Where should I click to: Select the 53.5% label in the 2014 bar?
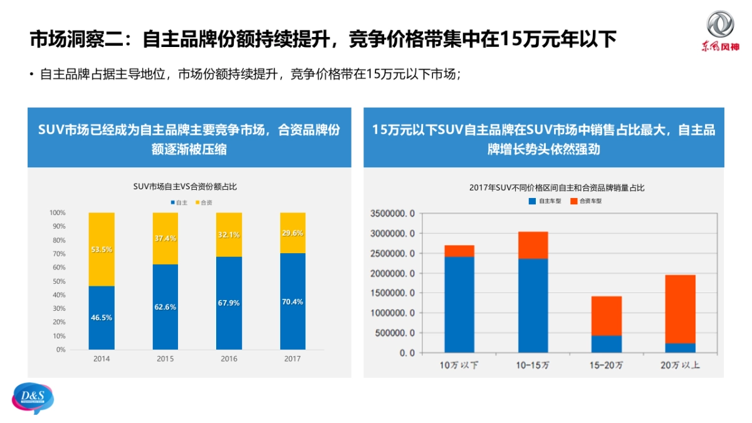tap(102, 249)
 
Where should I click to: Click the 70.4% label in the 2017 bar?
tap(293, 301)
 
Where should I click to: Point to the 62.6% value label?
tap(165, 307)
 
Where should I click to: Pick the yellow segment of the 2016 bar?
tap(229, 234)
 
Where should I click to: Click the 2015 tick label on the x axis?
tap(165, 359)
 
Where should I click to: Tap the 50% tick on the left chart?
tap(59, 281)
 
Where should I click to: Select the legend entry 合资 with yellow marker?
tap(204, 202)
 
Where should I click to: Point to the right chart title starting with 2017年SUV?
tap(556, 188)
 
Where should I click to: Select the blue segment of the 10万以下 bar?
tap(459, 304)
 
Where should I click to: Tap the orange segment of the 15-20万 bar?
tap(607, 316)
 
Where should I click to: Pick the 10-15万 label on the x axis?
tap(533, 365)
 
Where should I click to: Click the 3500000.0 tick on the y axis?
tap(393, 214)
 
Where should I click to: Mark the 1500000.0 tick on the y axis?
tap(393, 293)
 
